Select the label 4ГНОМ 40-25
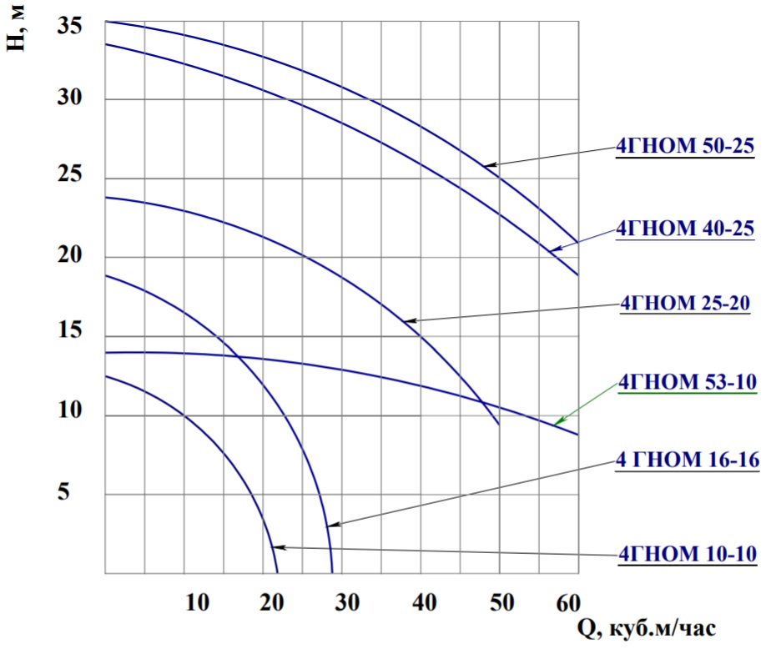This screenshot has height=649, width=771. (684, 228)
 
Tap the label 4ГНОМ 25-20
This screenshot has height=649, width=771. (684, 305)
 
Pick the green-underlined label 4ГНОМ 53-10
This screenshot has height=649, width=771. (686, 384)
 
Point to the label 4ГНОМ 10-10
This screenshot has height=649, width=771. (686, 553)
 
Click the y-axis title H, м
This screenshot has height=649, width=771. (18, 29)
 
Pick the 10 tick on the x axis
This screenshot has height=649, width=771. (197, 601)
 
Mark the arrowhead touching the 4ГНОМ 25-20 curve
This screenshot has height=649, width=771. (406, 319)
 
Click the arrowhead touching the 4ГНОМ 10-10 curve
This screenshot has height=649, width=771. (278, 547)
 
